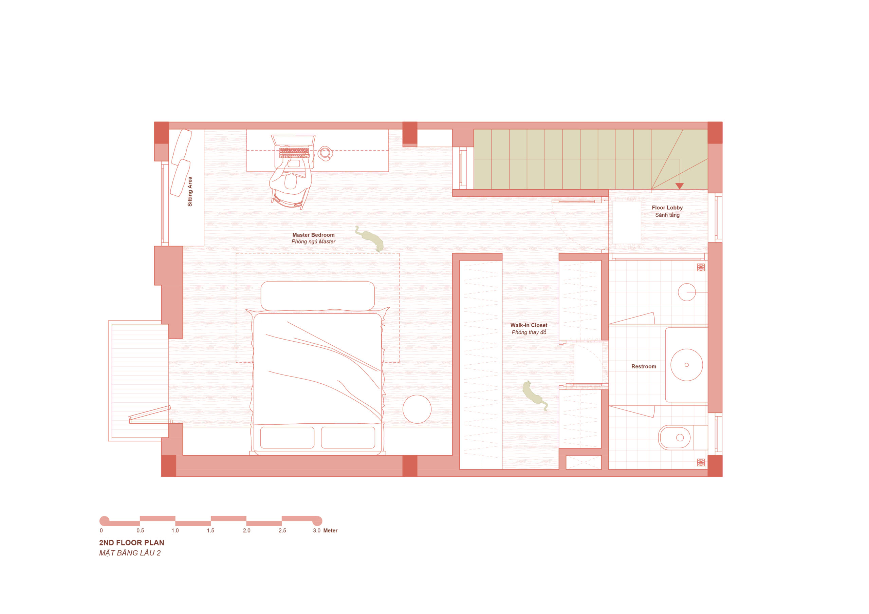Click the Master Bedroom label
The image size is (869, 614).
coord(313,235)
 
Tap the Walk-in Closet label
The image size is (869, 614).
coord(529,325)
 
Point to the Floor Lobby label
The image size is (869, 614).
coord(667,208)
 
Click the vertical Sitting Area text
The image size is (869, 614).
coord(190,191)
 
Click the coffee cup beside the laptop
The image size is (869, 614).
coord(325,153)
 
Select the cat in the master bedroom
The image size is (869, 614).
coord(369,238)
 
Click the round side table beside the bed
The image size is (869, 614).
coord(417,409)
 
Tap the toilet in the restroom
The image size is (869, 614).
coord(678,438)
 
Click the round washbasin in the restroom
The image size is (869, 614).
coord(687,365)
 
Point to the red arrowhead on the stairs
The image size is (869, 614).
coord(680,186)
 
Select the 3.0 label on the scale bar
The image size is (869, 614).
coord(317,531)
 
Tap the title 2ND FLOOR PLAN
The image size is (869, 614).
coord(132,542)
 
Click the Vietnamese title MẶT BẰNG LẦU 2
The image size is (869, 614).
coord(130,553)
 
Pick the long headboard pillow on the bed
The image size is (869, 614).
coord(317,296)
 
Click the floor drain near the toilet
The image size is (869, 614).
coord(701,462)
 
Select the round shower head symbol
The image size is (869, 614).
coord(687,292)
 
